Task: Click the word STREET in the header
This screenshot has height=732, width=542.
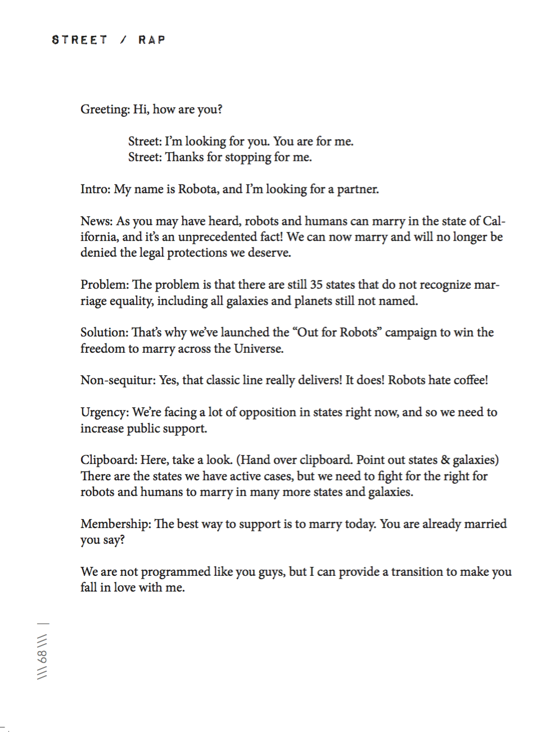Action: coord(79,40)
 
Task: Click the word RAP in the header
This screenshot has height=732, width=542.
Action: coord(152,40)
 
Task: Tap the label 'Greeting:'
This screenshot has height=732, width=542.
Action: coord(105,110)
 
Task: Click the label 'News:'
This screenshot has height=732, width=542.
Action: coord(97,221)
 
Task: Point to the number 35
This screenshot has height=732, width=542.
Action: coord(317,285)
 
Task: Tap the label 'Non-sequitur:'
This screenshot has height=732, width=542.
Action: coord(118,380)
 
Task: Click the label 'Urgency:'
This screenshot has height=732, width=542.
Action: coord(105,412)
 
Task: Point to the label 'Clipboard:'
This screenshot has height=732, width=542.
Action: coord(109,460)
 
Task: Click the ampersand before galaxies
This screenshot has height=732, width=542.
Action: coord(445,460)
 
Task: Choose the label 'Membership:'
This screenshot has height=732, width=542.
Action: coord(116,524)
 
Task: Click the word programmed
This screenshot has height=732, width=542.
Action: coord(175,572)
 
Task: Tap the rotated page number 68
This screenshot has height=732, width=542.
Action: coord(43,656)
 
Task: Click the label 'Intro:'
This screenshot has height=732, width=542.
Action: coord(96,189)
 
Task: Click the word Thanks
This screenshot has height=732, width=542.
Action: coord(184,157)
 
